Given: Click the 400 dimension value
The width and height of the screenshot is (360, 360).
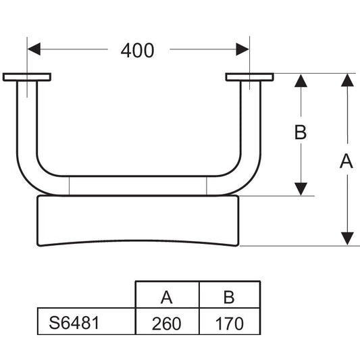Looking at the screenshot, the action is click(x=137, y=51).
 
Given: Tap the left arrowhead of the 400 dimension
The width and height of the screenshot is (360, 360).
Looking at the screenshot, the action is click(x=34, y=49).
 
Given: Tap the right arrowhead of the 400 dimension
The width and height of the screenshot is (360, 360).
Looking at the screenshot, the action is click(x=242, y=49).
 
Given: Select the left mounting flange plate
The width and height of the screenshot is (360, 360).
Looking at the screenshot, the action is click(x=27, y=77).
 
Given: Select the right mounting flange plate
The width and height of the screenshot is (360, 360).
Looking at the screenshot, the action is click(x=249, y=77).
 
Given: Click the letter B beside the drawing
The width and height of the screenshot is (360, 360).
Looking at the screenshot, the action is click(x=301, y=132).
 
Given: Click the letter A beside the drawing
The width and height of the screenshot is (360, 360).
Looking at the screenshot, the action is click(x=346, y=161).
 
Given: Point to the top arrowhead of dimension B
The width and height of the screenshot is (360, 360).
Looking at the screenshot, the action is click(x=301, y=81).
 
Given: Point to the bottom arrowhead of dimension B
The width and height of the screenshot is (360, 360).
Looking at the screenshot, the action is click(x=301, y=189).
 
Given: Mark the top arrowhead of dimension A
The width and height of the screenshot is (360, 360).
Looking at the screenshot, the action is click(x=347, y=80).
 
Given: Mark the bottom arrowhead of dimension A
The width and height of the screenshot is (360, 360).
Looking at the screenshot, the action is click(x=347, y=238).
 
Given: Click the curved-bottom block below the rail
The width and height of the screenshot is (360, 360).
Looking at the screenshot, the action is click(x=138, y=220).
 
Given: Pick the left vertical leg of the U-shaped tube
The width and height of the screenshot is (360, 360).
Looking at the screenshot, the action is click(x=27, y=120).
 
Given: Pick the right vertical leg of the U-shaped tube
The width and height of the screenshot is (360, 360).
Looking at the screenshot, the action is click(x=251, y=120).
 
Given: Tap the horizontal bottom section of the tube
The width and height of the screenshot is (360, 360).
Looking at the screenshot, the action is click(x=138, y=186).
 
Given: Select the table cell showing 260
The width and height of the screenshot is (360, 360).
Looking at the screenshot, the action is click(x=168, y=322).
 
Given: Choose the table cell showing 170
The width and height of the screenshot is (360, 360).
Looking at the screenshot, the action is click(x=230, y=322).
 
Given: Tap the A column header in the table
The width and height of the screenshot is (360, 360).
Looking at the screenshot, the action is click(x=168, y=294).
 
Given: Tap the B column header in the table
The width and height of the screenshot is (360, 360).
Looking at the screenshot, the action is click(x=230, y=294).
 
